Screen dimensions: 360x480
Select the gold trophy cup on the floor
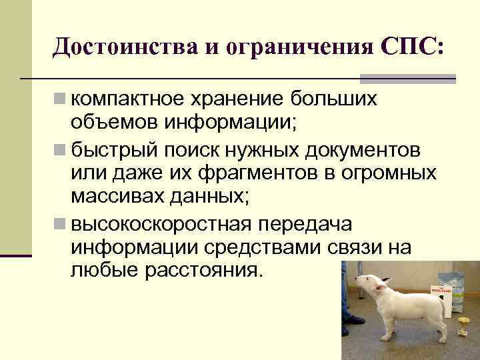click(463, 326)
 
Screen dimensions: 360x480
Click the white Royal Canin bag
click(449, 290)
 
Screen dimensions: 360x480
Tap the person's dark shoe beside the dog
click(352, 320)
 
